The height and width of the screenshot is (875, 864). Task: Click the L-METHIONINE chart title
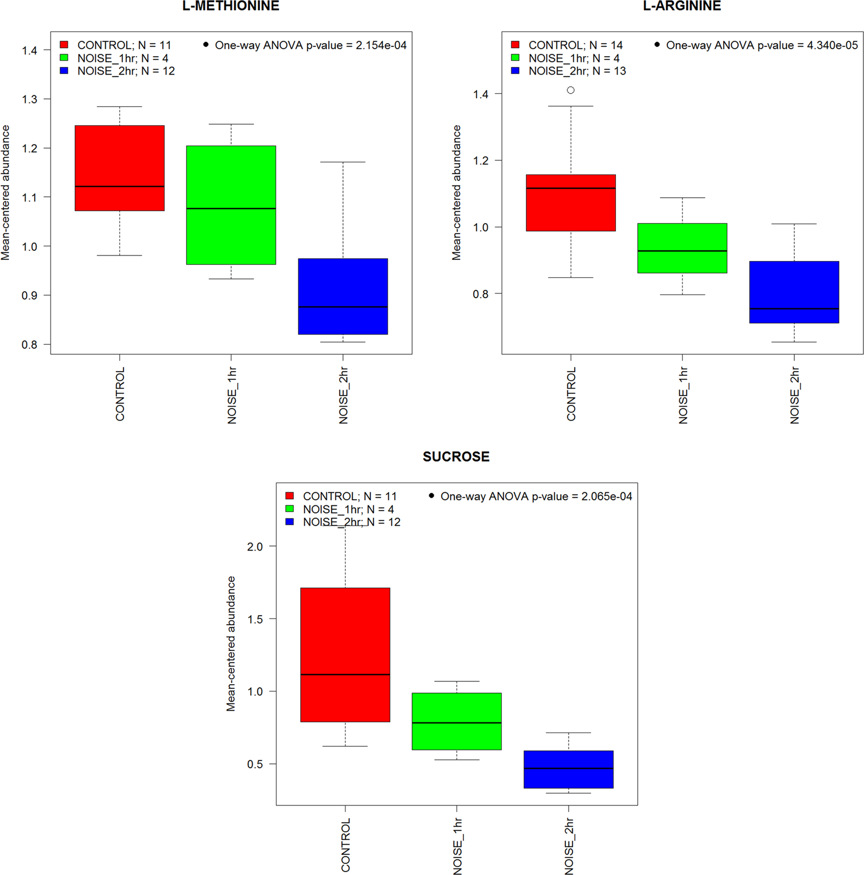(231, 6)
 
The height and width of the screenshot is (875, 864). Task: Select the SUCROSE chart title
(456, 456)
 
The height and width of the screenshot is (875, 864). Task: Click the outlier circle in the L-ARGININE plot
(571, 90)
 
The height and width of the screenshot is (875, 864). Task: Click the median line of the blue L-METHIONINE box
(343, 307)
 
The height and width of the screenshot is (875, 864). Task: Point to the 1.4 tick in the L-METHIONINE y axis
(29, 50)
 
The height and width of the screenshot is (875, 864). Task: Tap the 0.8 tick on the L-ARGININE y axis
(481, 294)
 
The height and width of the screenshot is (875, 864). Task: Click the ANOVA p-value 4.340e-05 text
(761, 45)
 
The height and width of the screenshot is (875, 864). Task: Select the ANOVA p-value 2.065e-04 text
(536, 496)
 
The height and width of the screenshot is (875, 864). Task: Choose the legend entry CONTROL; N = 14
(575, 45)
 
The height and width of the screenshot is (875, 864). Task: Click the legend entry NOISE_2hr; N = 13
(577, 71)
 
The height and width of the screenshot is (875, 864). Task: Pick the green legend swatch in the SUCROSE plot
(290, 509)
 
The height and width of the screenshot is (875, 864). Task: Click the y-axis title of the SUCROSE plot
(231, 644)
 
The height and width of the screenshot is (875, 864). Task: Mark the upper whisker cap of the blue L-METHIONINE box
(343, 162)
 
